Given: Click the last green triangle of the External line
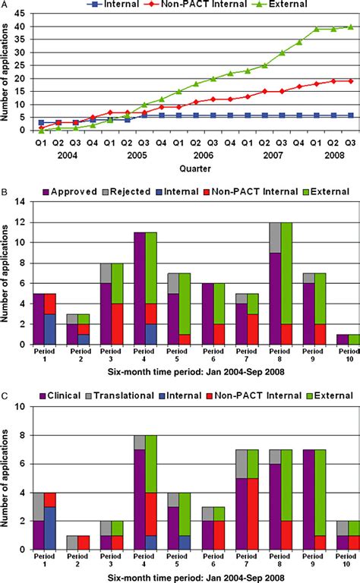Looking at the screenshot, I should [350, 27].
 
